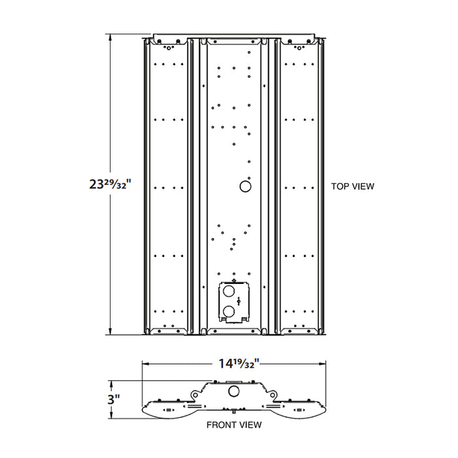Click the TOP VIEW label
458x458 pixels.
click(x=353, y=186)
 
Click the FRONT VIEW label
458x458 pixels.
click(x=234, y=425)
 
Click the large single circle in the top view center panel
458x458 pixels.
click(x=245, y=186)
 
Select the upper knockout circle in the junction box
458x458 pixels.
click(x=228, y=289)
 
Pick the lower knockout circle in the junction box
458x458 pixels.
click(x=228, y=311)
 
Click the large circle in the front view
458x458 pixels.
click(x=232, y=391)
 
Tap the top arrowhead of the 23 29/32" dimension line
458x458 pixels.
click(x=109, y=38)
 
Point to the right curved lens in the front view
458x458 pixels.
click(x=302, y=411)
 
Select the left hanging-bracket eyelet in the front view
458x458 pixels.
click(x=196, y=394)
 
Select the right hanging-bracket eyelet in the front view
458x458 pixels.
click(x=269, y=394)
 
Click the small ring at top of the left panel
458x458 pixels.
click(x=169, y=48)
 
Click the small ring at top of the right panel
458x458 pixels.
click(x=299, y=48)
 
